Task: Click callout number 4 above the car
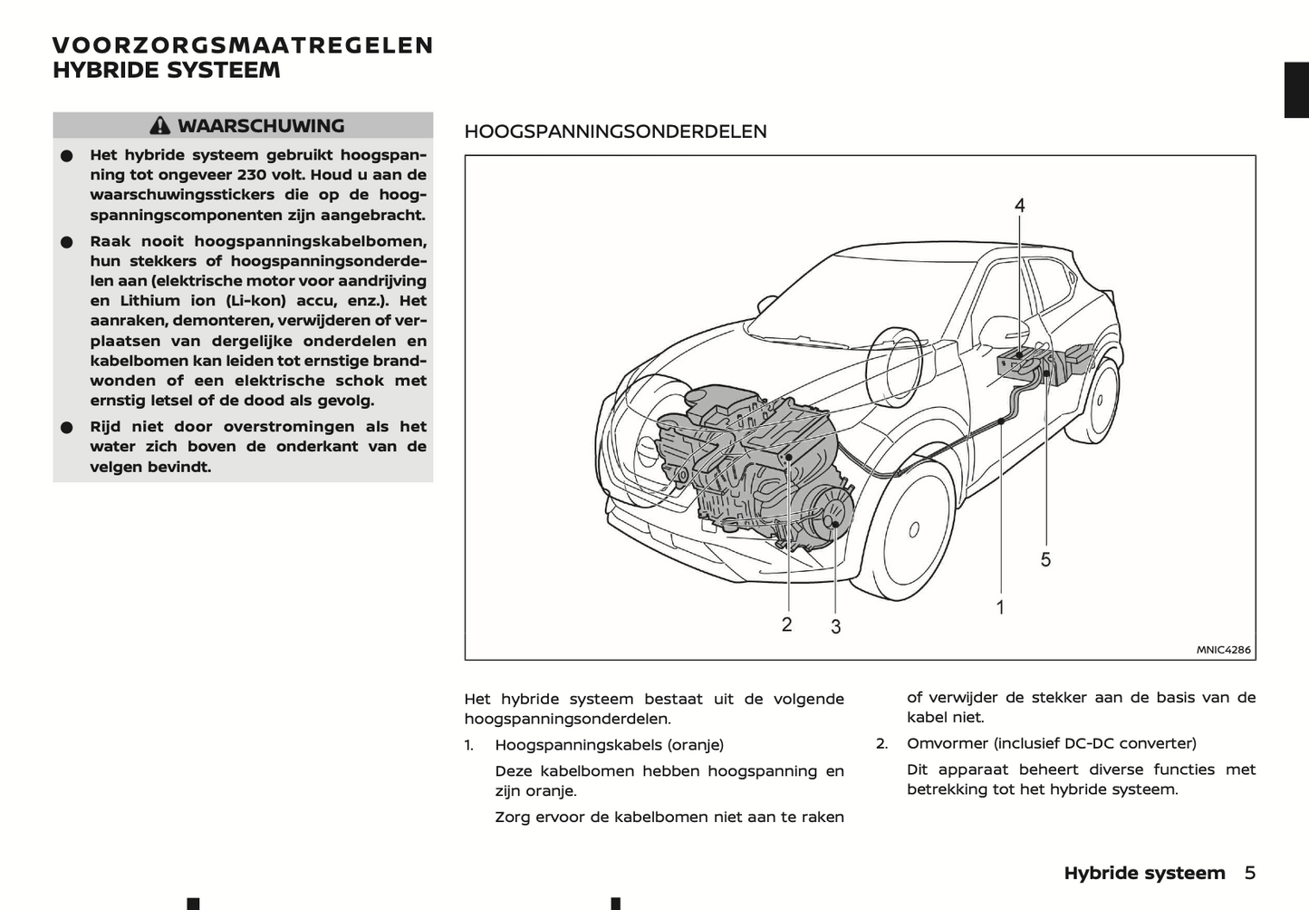coord(1019,206)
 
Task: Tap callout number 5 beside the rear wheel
coord(1045,559)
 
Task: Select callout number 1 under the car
coord(1000,607)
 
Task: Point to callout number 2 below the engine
coord(786,624)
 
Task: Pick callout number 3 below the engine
coord(835,626)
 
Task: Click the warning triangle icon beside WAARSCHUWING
coord(160,126)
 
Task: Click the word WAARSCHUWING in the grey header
coord(261,126)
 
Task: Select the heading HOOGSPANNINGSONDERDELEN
coord(615,131)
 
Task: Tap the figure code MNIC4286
coord(1223,650)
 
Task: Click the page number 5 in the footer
coord(1250,873)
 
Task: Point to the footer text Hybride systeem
coord(1144,873)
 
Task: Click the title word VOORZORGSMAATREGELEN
coord(243,45)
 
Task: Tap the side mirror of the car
coord(1000,328)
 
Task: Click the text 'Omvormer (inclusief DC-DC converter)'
coord(1051,743)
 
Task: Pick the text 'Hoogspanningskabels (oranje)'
coord(609,745)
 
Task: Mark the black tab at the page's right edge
coord(1296,91)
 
